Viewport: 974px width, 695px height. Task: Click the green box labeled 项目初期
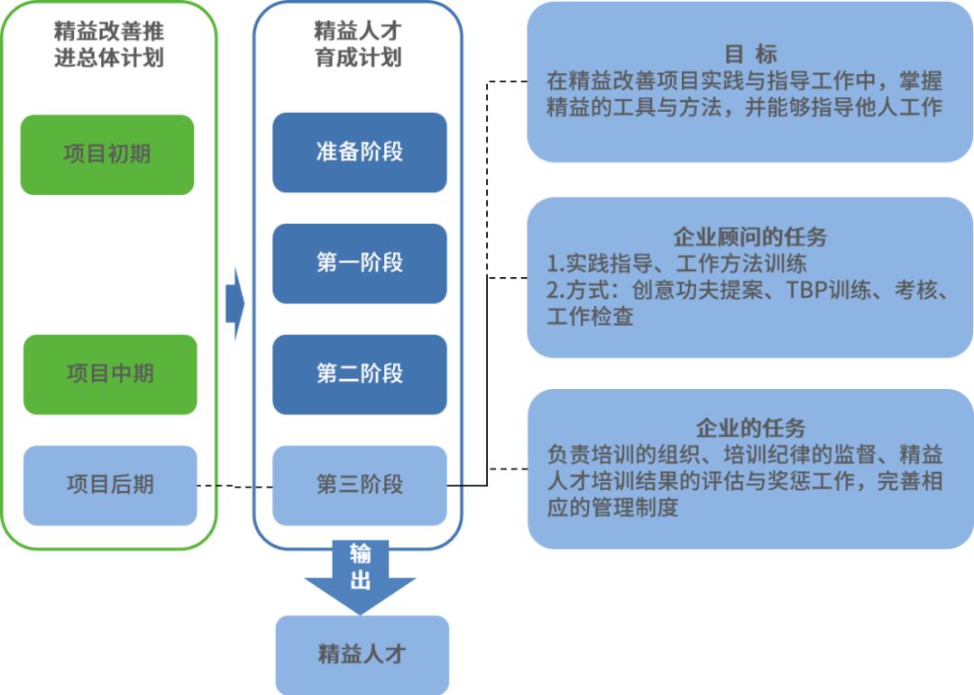(x=106, y=154)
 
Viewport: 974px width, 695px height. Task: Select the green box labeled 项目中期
(x=110, y=375)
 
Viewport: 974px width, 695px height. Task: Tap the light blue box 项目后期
(x=110, y=486)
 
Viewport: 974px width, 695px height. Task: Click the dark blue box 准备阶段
(x=359, y=153)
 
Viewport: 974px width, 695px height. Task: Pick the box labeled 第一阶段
(x=359, y=264)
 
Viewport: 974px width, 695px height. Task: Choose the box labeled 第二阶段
(x=359, y=375)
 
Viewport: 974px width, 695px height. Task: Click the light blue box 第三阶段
(x=359, y=486)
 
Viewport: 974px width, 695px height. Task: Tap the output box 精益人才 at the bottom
(x=361, y=654)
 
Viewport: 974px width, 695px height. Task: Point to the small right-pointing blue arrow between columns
(x=234, y=304)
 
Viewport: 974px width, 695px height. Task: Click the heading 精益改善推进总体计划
(x=109, y=45)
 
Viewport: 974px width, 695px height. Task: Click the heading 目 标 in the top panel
(x=750, y=54)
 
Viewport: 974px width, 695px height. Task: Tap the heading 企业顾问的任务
(x=750, y=238)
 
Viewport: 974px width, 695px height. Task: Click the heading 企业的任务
(x=750, y=429)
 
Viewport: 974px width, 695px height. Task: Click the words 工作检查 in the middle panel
(x=590, y=317)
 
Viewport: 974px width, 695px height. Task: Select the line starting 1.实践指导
(x=676, y=264)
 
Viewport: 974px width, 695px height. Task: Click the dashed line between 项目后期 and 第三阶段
(x=234, y=486)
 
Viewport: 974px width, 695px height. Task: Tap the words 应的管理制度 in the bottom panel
(x=611, y=507)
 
